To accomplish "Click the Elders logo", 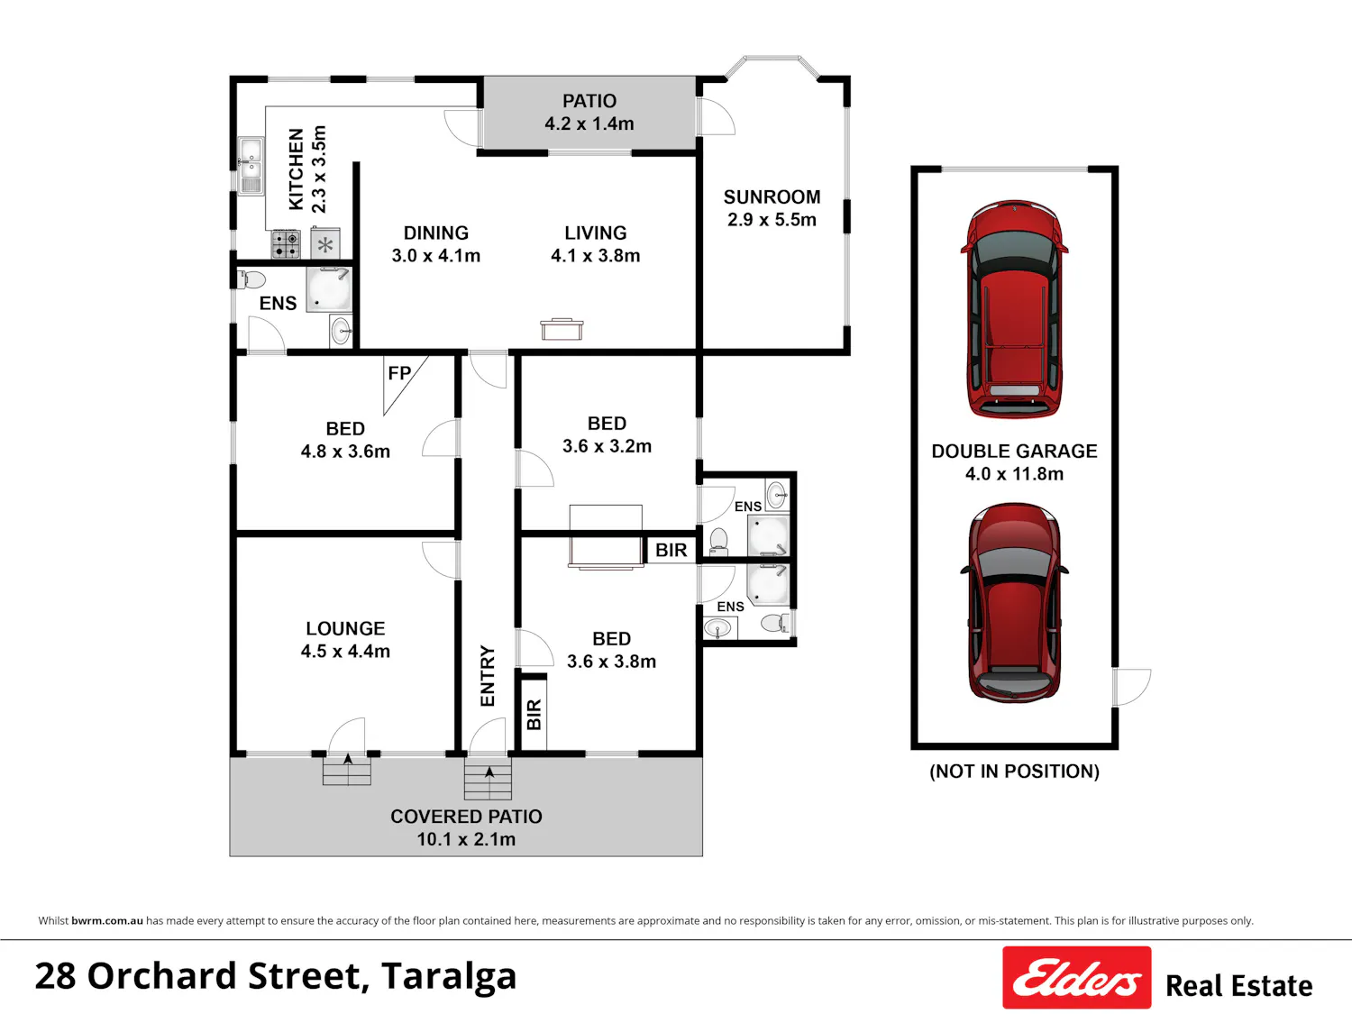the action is [x=1077, y=977].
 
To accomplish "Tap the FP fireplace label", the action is [x=399, y=373].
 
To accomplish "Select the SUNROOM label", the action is [x=772, y=197].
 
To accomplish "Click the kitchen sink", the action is [x=251, y=165].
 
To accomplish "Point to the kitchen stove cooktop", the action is [x=286, y=243].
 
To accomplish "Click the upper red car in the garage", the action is [x=1015, y=309].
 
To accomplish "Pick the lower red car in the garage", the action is [x=1015, y=603].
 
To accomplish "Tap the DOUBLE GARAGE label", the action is [x=1014, y=452].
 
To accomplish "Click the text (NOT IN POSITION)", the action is [x=1015, y=772].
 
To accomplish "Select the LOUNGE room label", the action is [x=345, y=628].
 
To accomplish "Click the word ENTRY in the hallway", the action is [x=488, y=676].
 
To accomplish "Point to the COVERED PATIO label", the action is [x=466, y=817].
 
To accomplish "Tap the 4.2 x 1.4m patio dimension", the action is [x=589, y=123].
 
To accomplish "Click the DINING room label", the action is [x=436, y=233].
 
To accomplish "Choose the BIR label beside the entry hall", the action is [x=534, y=715].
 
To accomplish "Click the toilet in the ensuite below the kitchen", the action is [x=251, y=280].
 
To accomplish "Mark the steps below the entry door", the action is [x=488, y=778].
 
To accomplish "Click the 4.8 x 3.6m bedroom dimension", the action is [x=345, y=452].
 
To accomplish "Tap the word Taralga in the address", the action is [x=448, y=977].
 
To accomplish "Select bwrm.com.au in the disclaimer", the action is [x=107, y=921].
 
